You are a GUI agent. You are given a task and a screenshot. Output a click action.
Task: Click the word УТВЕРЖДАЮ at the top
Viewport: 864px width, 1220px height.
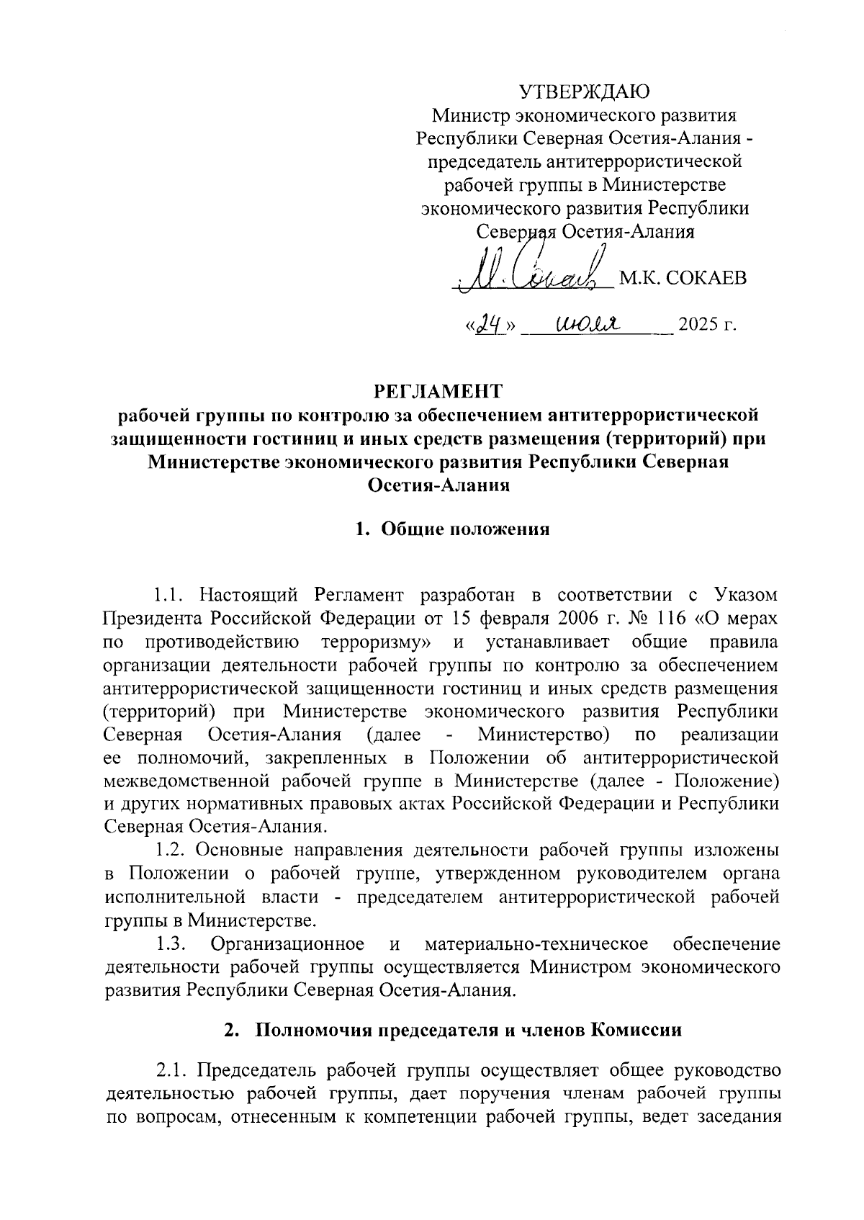tap(585, 91)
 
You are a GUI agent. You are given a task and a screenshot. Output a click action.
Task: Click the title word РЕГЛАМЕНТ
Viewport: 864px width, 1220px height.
tap(438, 391)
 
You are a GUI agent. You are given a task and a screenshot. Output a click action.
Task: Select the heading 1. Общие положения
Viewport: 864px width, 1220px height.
tap(452, 530)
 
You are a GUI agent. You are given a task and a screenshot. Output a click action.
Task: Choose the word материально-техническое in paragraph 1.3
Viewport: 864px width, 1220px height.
tap(536, 943)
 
